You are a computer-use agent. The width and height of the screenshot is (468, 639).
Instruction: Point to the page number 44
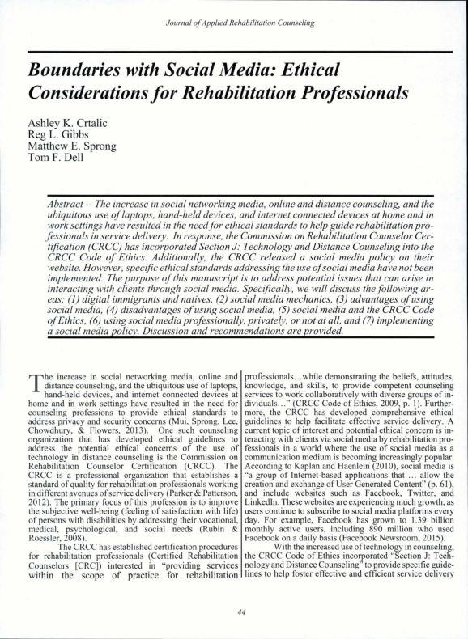[x=233, y=613]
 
